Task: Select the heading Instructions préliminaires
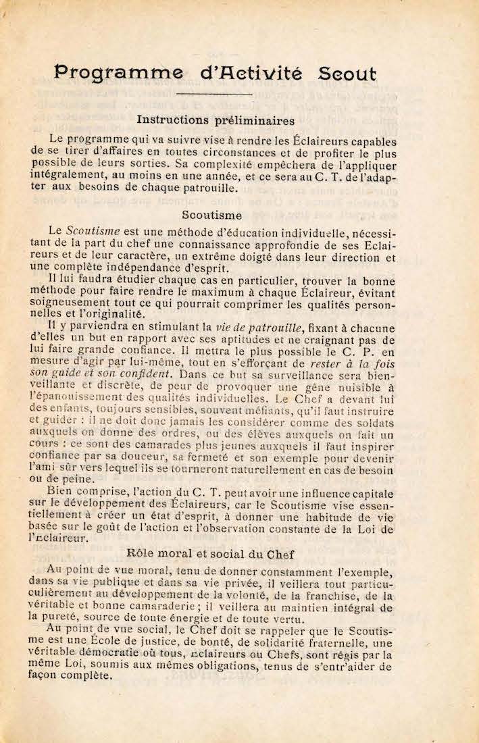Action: [216, 121]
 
